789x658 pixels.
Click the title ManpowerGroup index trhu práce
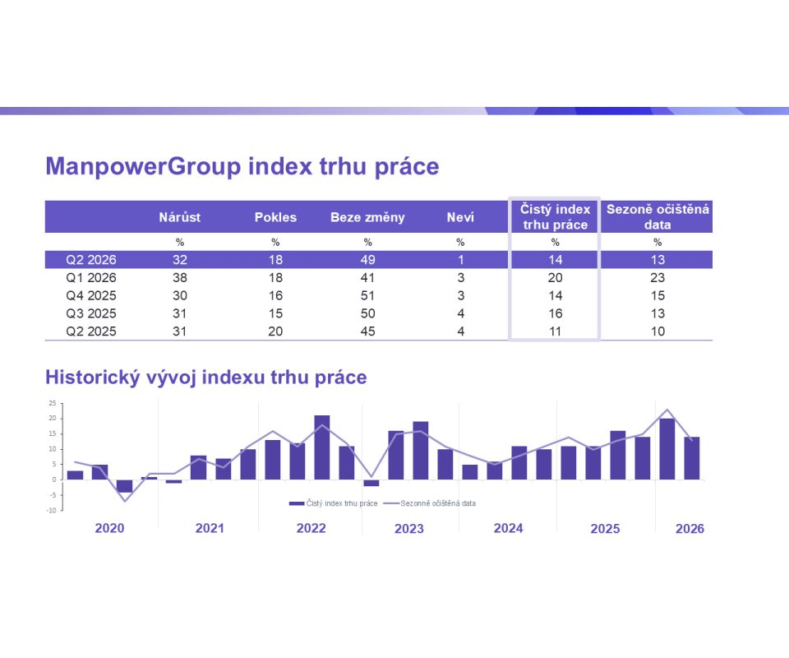(242, 167)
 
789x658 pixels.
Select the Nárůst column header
(180, 217)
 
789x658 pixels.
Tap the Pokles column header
(275, 217)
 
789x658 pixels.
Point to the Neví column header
(460, 217)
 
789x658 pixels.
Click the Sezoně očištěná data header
(657, 216)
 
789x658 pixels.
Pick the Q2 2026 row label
(91, 260)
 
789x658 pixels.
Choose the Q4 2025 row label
(91, 295)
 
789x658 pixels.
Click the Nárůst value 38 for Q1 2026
(180, 278)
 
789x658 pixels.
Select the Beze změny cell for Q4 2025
(367, 295)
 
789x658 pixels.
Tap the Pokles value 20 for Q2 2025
(275, 331)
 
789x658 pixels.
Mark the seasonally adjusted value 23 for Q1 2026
(657, 278)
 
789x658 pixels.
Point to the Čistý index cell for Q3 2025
(555, 313)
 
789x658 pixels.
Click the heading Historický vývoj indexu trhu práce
(206, 378)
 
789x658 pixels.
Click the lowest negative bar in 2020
(124, 486)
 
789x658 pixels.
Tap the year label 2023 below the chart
(408, 529)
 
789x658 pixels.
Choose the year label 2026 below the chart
(690, 529)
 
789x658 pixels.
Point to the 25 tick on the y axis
(52, 404)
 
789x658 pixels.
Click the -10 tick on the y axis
(51, 510)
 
